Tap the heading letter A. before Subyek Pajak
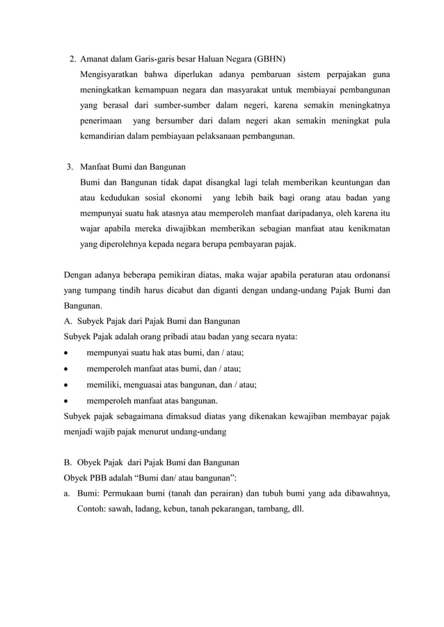tap(68, 321)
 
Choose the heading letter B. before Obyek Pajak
tap(68, 462)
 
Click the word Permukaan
tap(130, 494)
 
